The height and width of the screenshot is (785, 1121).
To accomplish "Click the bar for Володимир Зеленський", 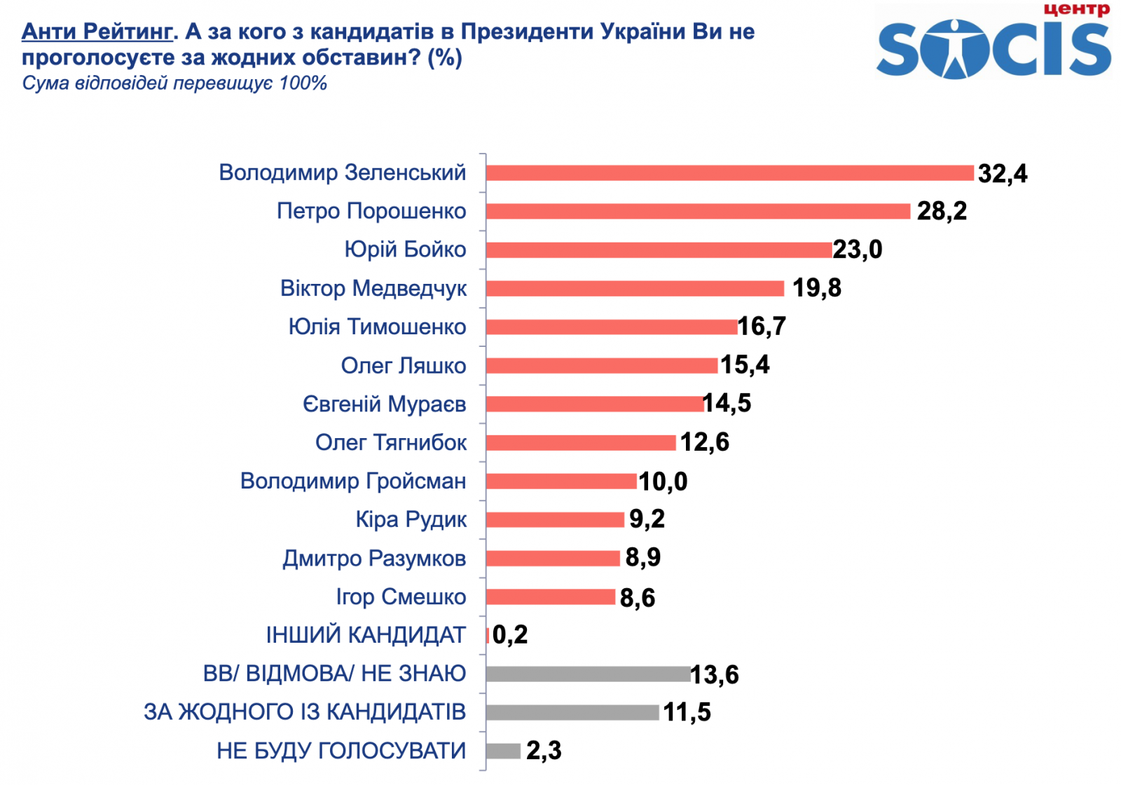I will (729, 172).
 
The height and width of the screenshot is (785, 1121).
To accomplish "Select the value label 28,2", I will (941, 211).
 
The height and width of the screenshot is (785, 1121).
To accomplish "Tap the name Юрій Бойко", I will (404, 250).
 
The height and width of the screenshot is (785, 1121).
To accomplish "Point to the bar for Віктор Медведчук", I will (634, 288).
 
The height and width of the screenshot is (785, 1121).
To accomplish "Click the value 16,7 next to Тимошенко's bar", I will (762, 326).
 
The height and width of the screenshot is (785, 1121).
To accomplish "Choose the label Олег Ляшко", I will (403, 365).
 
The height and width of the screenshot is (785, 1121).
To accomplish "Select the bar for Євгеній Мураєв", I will (594, 404).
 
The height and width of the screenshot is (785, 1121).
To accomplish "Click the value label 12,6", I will (704, 442).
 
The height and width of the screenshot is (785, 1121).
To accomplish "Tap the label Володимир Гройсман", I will (352, 481).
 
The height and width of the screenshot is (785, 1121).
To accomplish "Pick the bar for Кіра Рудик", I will (554, 519).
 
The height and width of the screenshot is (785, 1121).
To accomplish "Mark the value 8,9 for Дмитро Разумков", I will (642, 558).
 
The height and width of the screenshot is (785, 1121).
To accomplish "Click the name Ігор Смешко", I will (400, 596).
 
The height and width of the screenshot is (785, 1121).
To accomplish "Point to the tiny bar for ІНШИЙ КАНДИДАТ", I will (488, 635).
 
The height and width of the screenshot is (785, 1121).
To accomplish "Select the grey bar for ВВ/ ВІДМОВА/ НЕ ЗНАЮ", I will (587, 674).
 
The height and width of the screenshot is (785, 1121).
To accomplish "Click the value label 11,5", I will (687, 712).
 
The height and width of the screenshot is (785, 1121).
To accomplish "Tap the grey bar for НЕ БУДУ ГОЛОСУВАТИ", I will (502, 751).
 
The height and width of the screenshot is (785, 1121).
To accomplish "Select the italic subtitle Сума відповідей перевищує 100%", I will (174, 83).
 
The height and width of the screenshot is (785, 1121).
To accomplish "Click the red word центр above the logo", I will (1076, 9).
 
